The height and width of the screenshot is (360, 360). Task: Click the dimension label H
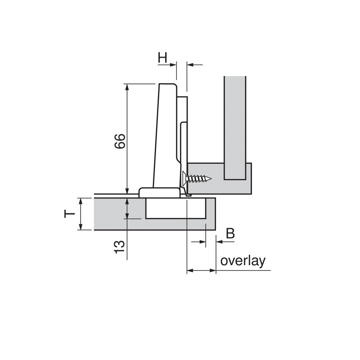pyautogui.click(x=162, y=57)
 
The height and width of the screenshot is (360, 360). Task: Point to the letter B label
pyautogui.click(x=230, y=233)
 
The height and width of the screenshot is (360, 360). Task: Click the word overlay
pyautogui.click(x=243, y=261)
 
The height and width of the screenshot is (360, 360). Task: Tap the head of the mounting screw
pyautogui.click(x=184, y=178)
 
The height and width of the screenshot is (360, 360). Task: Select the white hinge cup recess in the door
pyautogui.click(x=176, y=208)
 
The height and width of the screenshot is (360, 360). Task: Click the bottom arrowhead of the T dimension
pyautogui.click(x=81, y=227)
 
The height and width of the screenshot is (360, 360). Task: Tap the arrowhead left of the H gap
pyautogui.click(x=173, y=65)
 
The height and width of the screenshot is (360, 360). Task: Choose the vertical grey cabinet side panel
pyautogui.click(x=235, y=126)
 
